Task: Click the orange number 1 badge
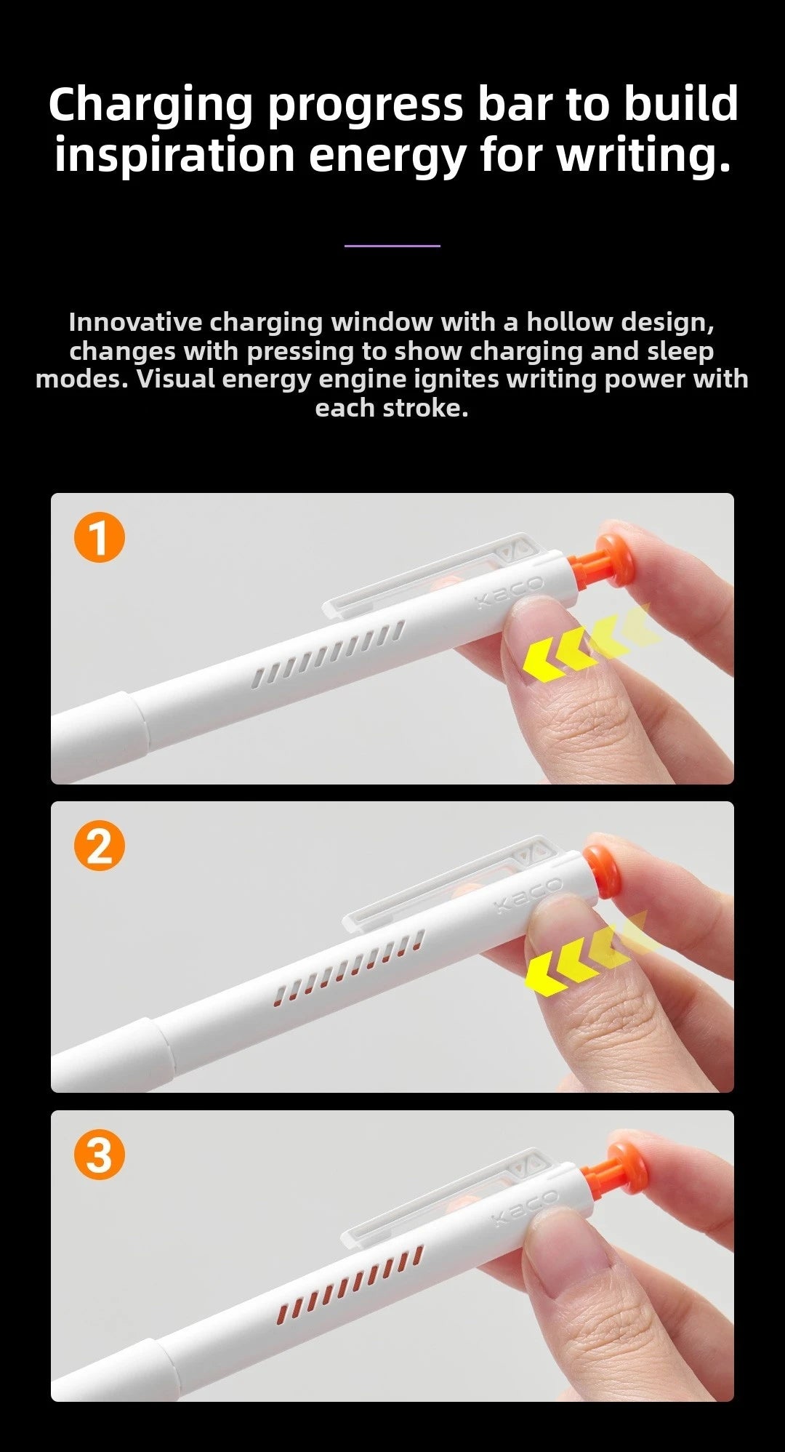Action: [x=100, y=539]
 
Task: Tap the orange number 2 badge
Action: [x=100, y=847]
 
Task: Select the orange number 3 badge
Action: [x=100, y=1155]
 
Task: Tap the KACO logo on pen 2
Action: [x=528, y=896]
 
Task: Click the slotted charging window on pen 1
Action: [x=329, y=653]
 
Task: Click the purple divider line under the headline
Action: [x=392, y=246]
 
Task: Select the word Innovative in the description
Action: [x=135, y=322]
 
